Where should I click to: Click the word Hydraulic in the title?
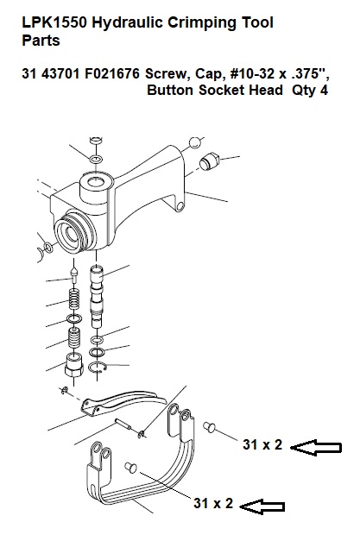pos(128,23)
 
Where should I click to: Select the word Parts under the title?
pos(41,41)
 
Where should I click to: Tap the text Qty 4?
pos(310,90)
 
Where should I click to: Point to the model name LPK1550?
pos(55,22)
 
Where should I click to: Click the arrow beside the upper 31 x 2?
pos(316,448)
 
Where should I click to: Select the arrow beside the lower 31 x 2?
pos(262,506)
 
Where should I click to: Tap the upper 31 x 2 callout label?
pos(262,444)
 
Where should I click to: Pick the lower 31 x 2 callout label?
pos(213,503)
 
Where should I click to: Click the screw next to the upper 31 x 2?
pos(209,427)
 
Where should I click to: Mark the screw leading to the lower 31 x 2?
pos(131,467)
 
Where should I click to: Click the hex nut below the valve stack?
pos(74,365)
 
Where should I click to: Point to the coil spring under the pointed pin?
pos(73,299)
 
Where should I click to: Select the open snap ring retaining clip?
pos(98,368)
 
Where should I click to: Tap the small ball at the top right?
pos(195,142)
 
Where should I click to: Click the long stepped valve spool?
pos(97,296)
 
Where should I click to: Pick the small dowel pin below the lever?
pos(123,424)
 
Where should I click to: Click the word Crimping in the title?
pos(204,23)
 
